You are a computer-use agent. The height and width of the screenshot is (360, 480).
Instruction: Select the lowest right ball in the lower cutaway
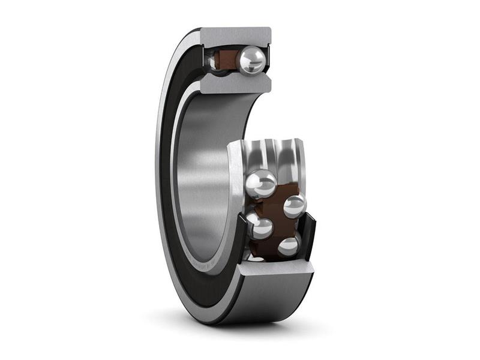click(x=289, y=245)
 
